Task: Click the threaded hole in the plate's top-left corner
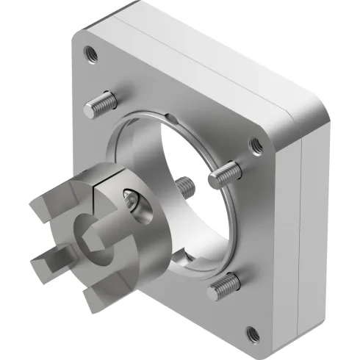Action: [90, 53]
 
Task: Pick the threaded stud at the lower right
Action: [223, 287]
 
